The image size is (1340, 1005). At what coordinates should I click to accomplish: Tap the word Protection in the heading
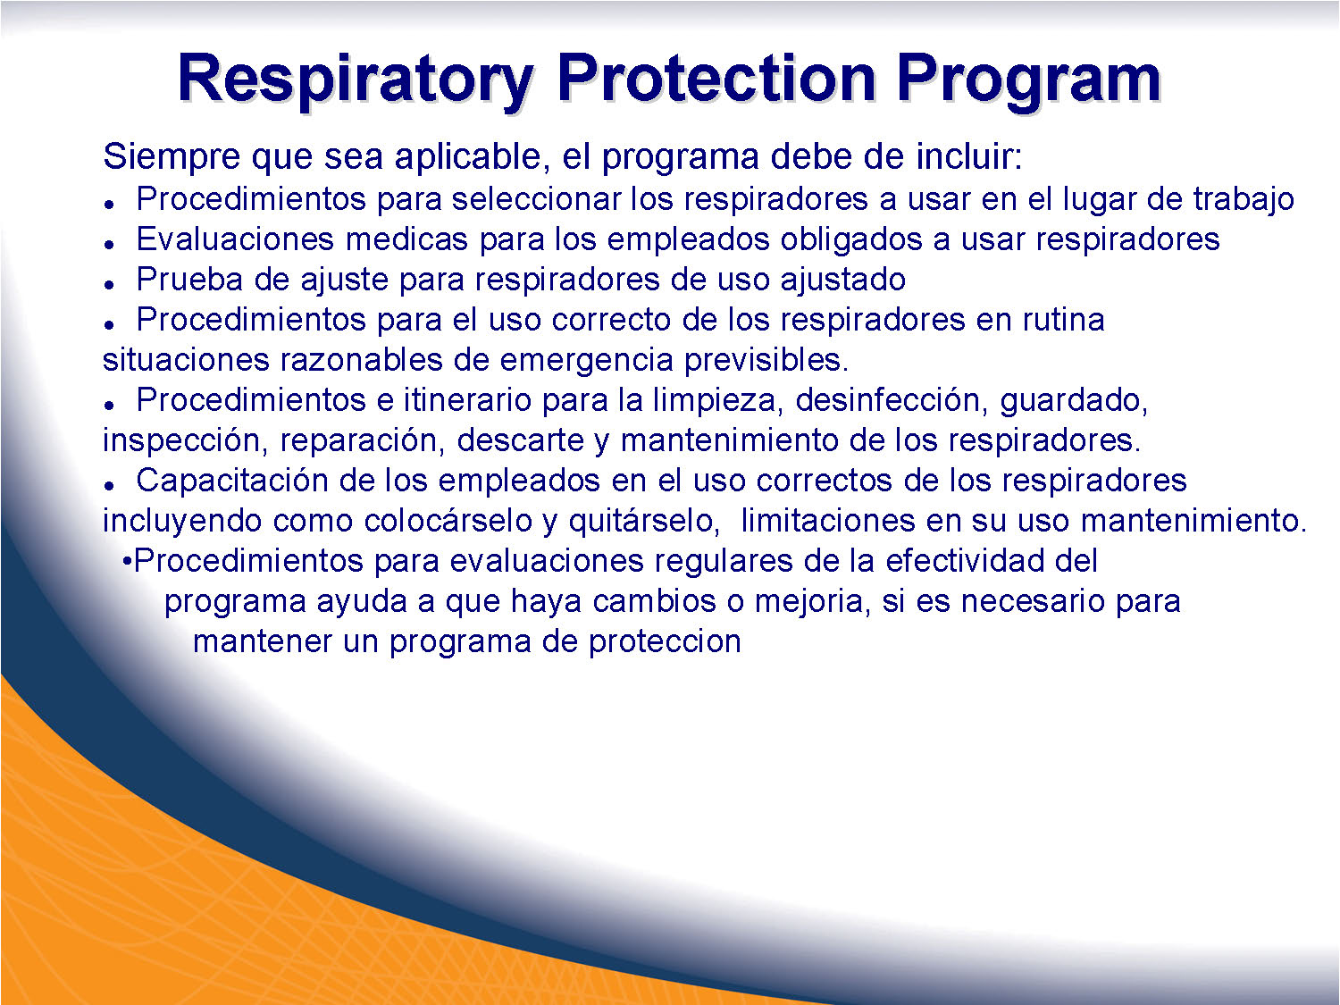(x=716, y=80)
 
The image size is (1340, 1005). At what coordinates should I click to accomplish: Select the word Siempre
(x=172, y=157)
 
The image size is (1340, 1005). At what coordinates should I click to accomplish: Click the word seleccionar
(x=535, y=199)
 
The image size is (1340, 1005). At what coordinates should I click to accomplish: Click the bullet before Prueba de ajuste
(x=109, y=285)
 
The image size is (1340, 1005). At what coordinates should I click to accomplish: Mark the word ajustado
(x=842, y=281)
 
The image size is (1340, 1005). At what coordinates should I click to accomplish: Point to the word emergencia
(x=586, y=361)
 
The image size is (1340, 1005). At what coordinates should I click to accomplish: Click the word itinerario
(x=467, y=400)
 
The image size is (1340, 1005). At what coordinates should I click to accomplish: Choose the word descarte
(x=520, y=440)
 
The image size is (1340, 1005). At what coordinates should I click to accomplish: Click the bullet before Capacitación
(x=109, y=486)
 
